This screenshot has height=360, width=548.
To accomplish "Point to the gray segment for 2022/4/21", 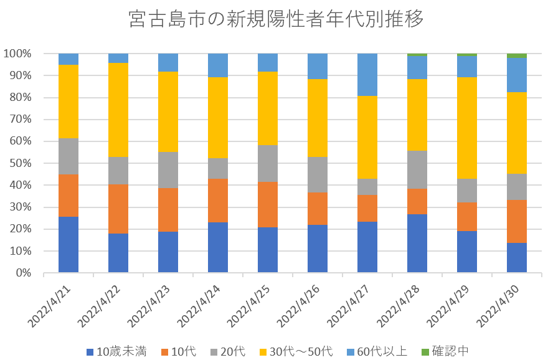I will click(x=68, y=156).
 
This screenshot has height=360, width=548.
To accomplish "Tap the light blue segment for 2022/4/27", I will click(x=367, y=75).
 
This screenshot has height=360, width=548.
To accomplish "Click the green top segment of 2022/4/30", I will click(x=517, y=56).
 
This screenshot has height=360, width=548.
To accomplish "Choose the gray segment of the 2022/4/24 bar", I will click(x=218, y=169).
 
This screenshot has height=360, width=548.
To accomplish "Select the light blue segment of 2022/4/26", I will click(x=318, y=67).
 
